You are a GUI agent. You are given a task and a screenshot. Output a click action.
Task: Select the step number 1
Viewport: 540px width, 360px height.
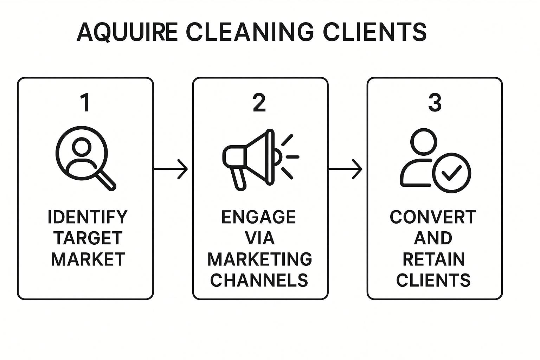point(85,103)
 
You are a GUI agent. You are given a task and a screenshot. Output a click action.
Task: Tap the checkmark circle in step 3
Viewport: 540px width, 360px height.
point(451,173)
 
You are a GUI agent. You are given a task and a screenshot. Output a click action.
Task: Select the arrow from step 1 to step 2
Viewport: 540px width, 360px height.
point(171,169)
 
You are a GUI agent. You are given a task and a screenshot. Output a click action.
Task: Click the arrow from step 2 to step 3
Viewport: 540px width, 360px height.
point(345,169)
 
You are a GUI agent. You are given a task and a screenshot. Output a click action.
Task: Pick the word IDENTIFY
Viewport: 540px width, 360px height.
point(87,217)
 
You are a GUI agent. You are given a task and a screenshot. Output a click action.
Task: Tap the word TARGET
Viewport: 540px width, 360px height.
point(88,238)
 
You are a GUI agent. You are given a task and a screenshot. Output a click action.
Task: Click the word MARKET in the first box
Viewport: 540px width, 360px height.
point(88,259)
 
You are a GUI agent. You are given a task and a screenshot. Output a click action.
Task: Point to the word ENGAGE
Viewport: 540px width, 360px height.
point(258,217)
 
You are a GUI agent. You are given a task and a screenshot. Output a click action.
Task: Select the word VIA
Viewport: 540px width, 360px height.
point(259,238)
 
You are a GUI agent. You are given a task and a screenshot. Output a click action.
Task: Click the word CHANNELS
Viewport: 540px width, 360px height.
point(259,280)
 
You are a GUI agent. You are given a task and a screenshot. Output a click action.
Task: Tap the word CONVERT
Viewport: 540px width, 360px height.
point(433,217)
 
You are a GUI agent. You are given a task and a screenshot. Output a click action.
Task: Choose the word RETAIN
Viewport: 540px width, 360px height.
point(433,259)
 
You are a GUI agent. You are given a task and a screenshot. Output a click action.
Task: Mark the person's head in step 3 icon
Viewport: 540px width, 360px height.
point(424,142)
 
